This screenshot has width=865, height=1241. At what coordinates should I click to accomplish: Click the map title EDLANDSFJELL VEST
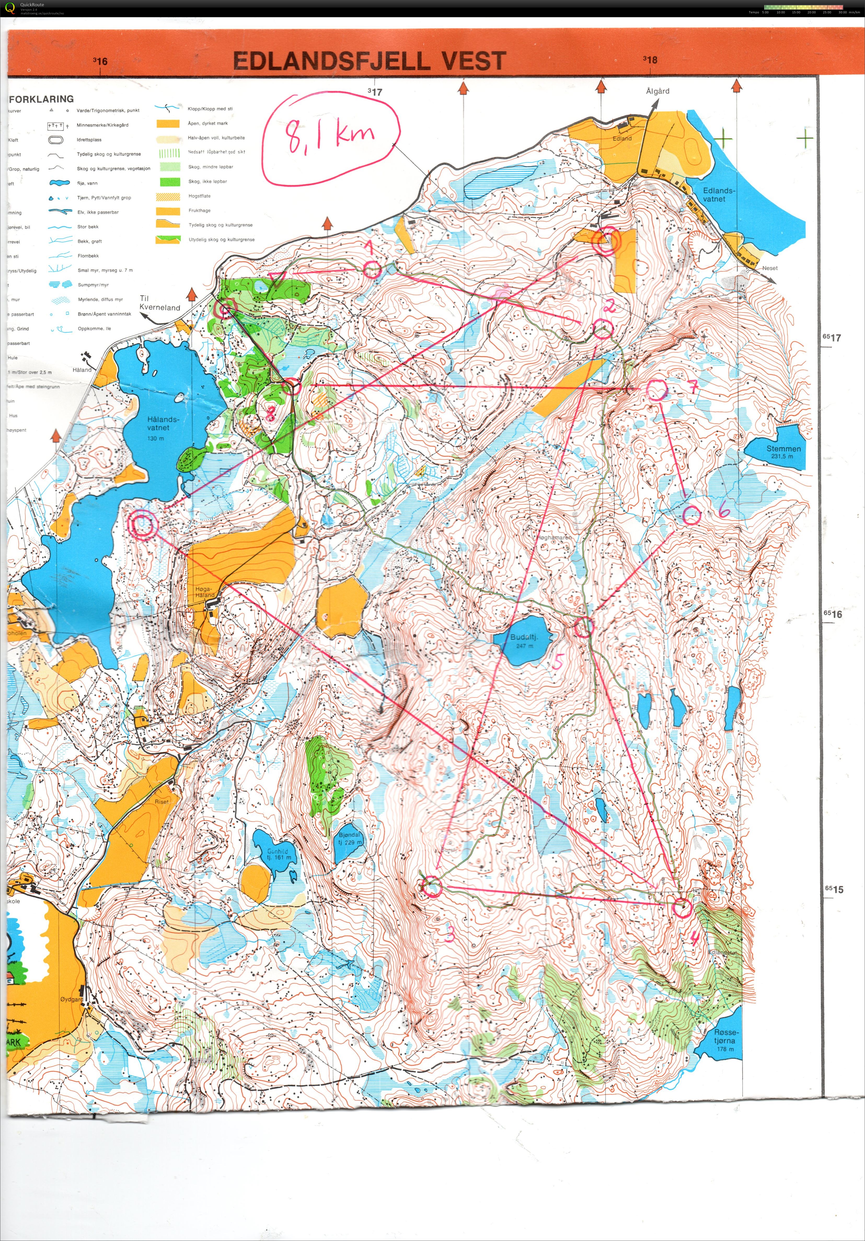tap(370, 61)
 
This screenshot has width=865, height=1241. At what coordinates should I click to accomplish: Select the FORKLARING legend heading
tap(42, 99)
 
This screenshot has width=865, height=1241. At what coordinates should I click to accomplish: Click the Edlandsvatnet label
tap(719, 195)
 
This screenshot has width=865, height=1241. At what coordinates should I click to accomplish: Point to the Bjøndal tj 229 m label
tap(350, 838)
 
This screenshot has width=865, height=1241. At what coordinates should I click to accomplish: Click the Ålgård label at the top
tap(658, 91)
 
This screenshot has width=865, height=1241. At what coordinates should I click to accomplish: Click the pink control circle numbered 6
tap(691, 515)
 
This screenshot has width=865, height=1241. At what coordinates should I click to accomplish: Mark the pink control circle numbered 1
tap(371, 269)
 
